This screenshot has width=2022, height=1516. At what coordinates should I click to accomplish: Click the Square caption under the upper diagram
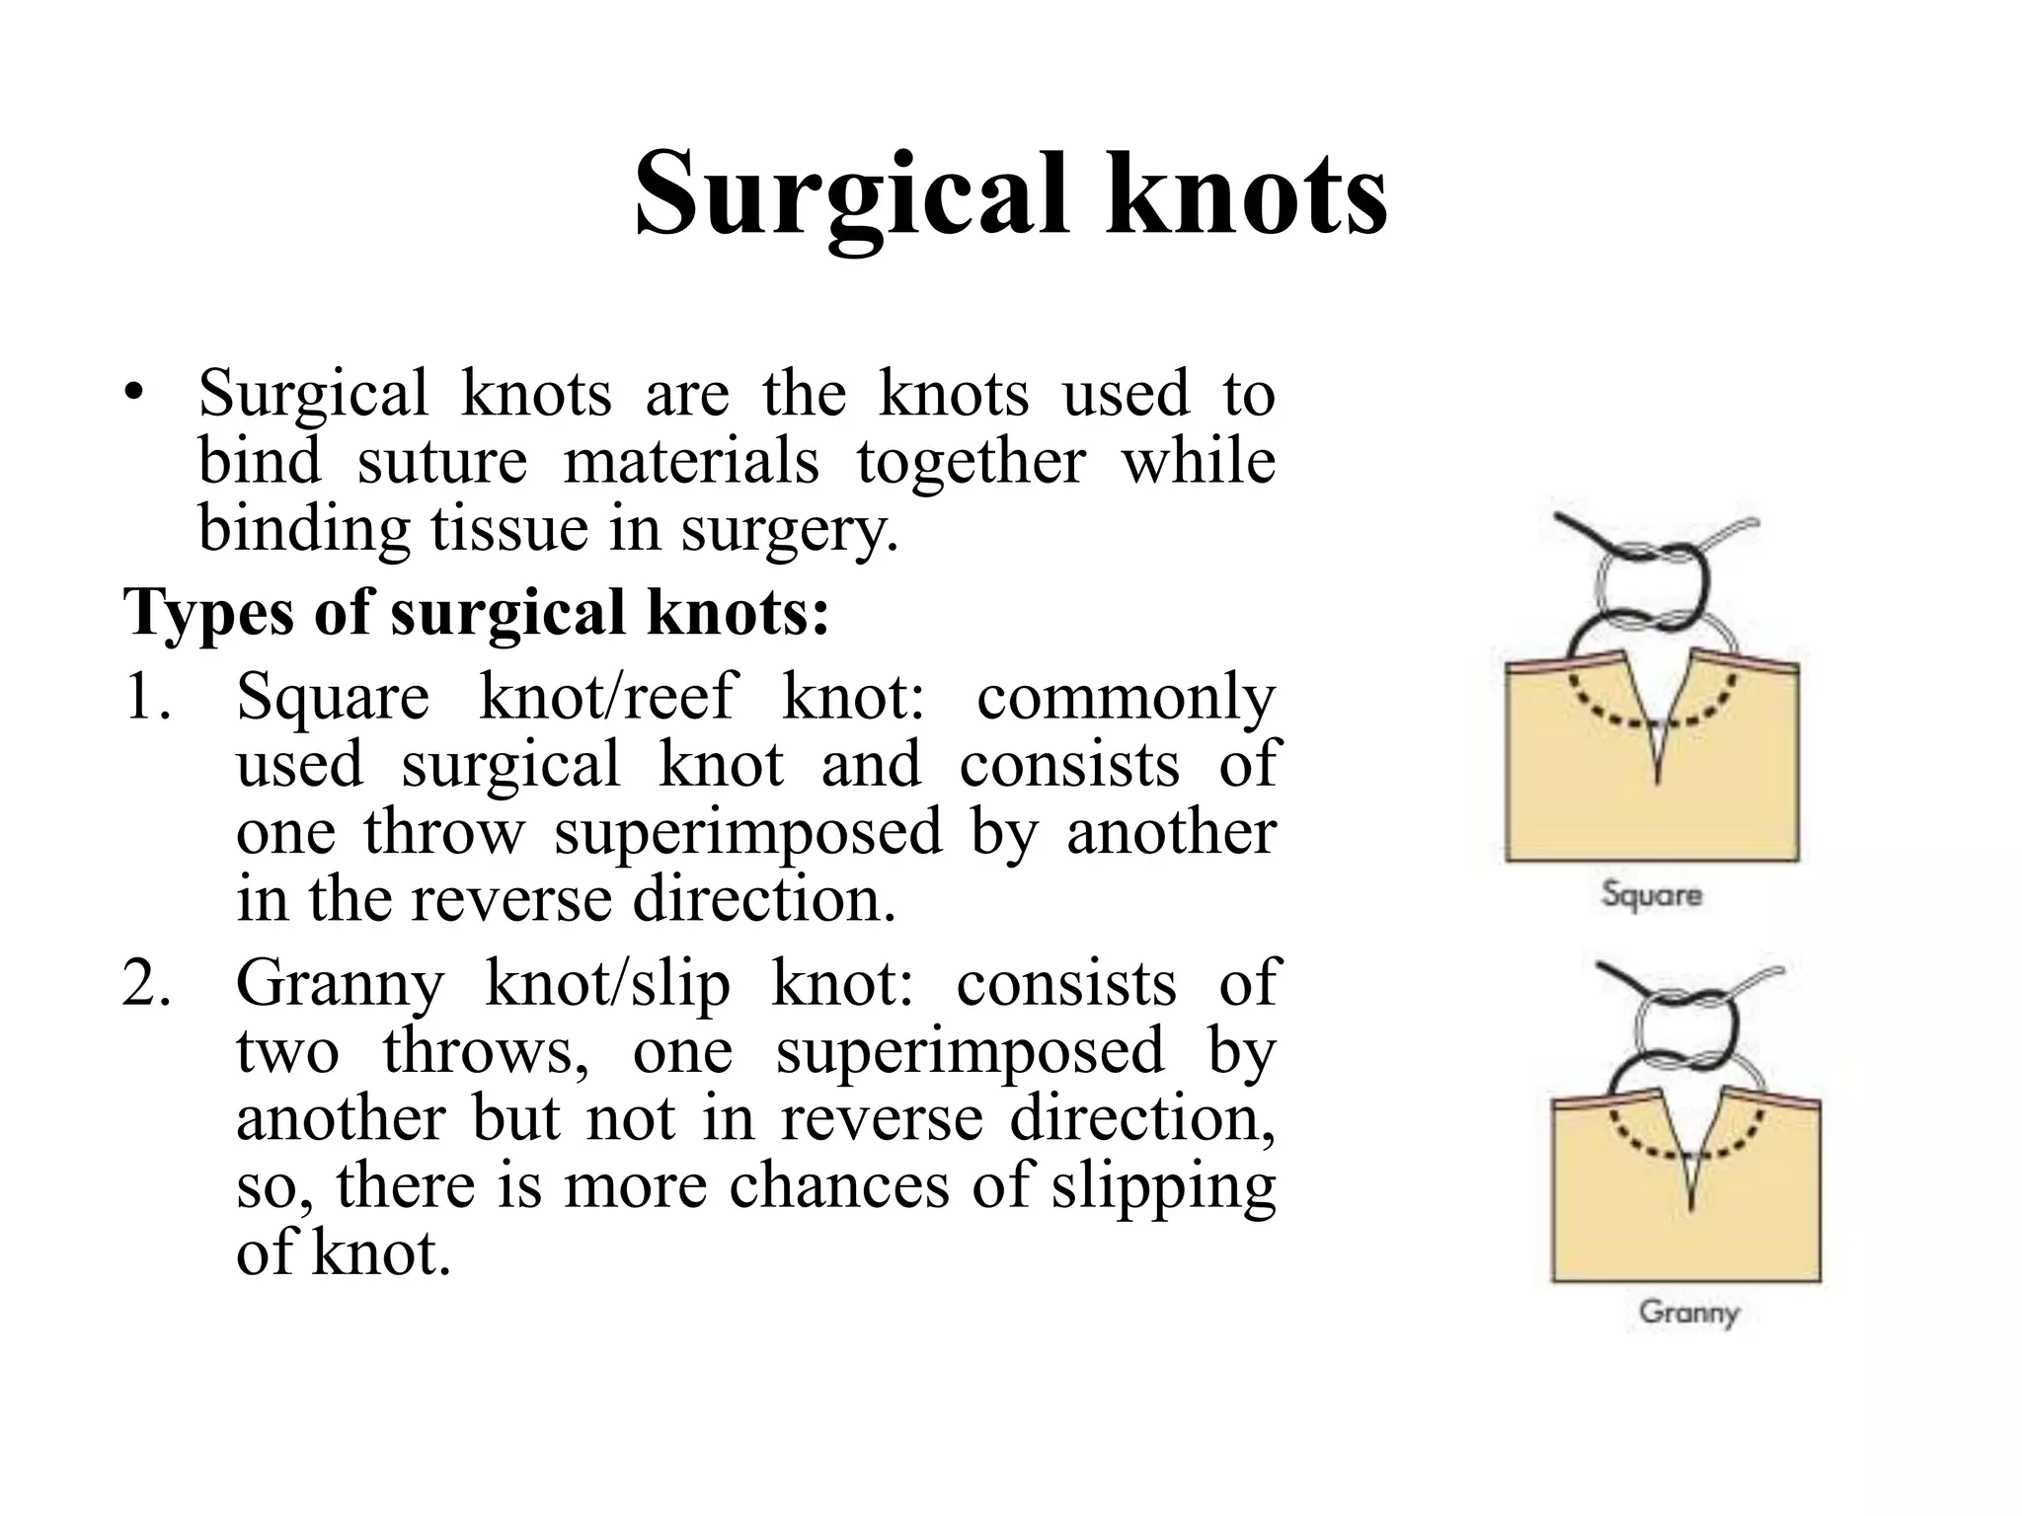1652,895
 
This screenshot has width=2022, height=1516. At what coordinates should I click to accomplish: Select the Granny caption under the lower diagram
1688,1312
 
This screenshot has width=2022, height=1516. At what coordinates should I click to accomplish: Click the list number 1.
148,697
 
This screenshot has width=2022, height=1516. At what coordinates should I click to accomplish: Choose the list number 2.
148,984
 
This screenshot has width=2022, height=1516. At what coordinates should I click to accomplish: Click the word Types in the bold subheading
208,613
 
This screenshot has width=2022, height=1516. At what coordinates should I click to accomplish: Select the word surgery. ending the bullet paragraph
789,529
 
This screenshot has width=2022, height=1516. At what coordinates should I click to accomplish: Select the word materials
690,462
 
